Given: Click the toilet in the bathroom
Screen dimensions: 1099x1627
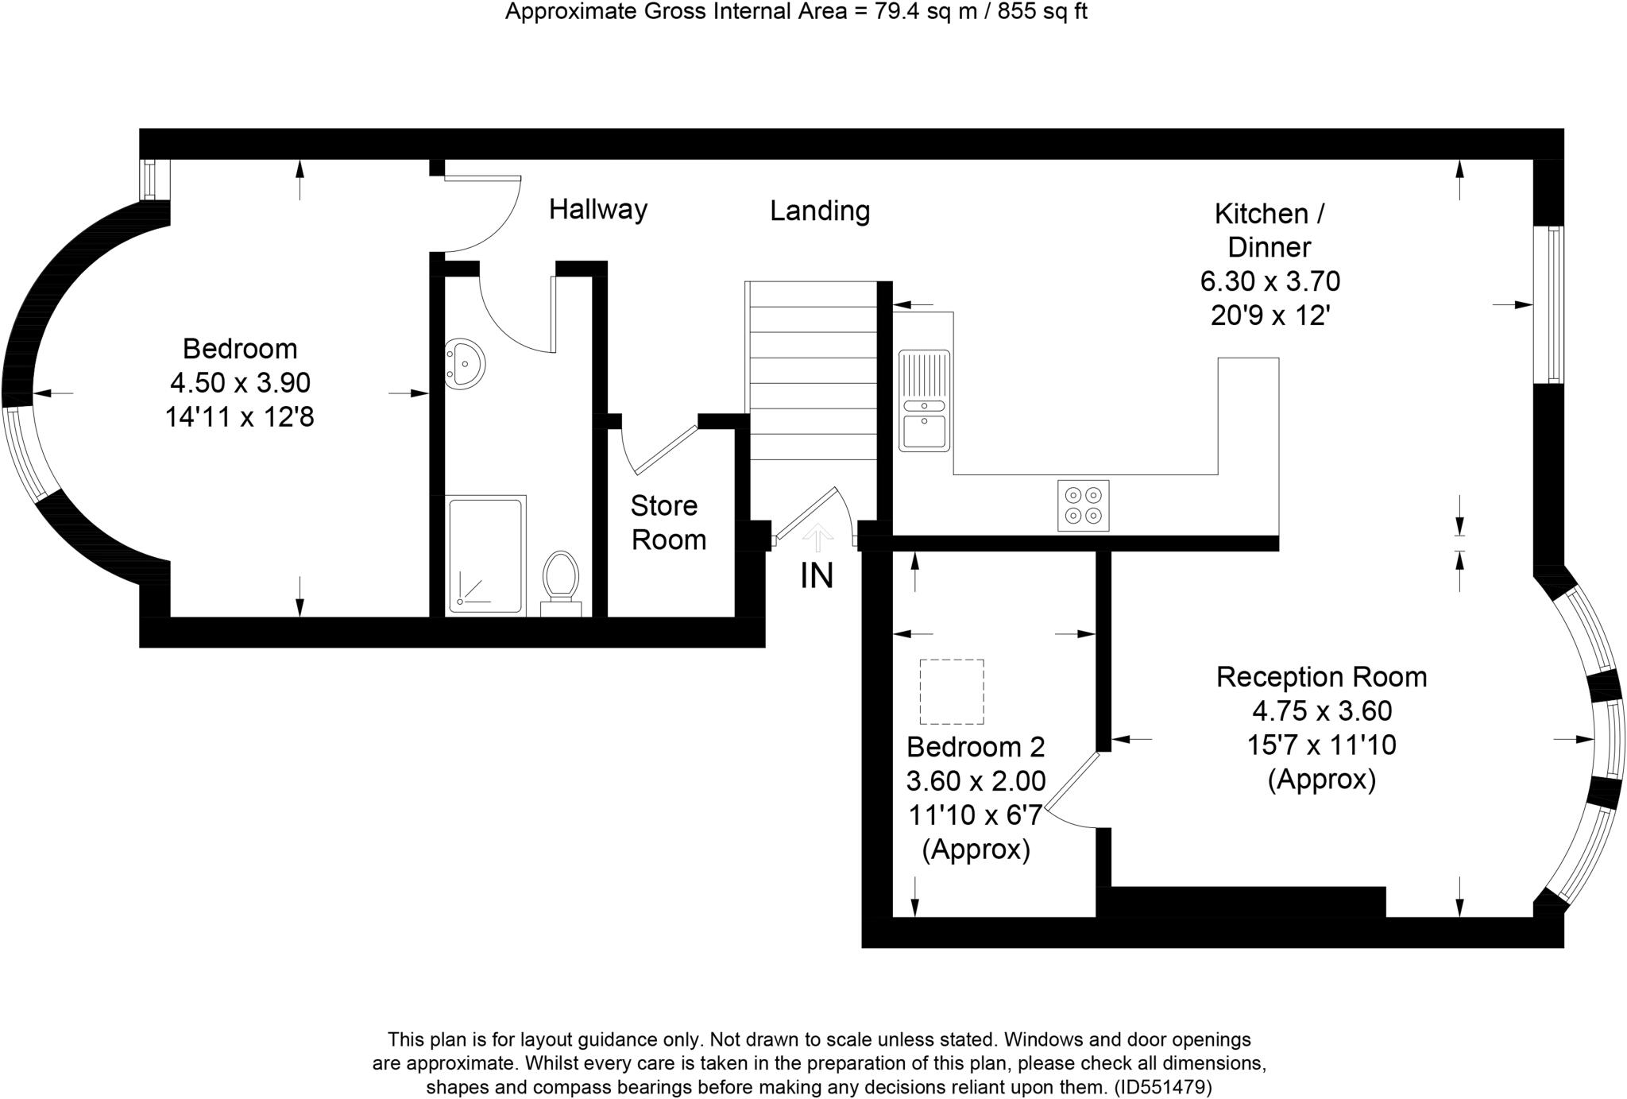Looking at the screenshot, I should click(561, 577).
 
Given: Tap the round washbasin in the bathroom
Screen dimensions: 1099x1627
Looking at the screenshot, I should click(465, 364).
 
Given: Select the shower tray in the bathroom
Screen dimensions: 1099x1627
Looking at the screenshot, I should click(485, 555).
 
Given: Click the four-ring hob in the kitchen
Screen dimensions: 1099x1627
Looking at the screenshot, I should click(1084, 505).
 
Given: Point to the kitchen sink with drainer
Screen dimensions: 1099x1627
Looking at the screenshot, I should click(925, 401).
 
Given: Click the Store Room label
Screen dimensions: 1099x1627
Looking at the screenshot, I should click(667, 522).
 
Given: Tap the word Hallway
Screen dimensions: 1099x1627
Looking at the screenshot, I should click(598, 210).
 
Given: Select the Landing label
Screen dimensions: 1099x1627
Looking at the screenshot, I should click(820, 211).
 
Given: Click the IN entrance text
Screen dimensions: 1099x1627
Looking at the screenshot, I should click(817, 576).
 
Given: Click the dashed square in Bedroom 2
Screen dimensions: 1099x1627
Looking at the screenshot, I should click(952, 691).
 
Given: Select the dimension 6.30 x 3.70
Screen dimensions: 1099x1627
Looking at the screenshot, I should click(1270, 281).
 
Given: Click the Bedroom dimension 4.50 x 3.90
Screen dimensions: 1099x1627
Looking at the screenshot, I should click(240, 383).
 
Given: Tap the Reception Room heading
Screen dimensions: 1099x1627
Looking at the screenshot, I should click(1322, 677).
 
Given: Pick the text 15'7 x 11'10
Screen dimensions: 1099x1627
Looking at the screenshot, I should click(1322, 745).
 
